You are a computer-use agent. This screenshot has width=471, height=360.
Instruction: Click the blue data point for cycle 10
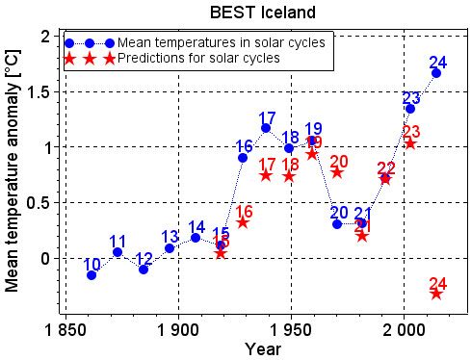[x=92, y=275]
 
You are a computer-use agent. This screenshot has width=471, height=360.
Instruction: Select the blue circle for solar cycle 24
[x=436, y=73]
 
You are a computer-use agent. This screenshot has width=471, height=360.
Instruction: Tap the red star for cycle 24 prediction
[x=436, y=293]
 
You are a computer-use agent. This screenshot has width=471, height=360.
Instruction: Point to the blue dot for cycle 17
[x=266, y=127]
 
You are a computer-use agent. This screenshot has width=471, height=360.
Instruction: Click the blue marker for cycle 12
[x=144, y=270]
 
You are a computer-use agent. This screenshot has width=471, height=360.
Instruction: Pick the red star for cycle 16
[x=243, y=222]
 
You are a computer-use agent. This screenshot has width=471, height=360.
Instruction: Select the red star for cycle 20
[x=337, y=171]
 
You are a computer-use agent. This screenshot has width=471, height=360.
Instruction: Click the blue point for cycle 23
[x=410, y=109]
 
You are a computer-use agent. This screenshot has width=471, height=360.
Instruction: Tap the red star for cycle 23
[x=410, y=142]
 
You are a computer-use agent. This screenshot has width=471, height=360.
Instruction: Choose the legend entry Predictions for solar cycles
[x=197, y=58]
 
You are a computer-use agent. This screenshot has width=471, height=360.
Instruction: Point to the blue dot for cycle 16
[x=243, y=158]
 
